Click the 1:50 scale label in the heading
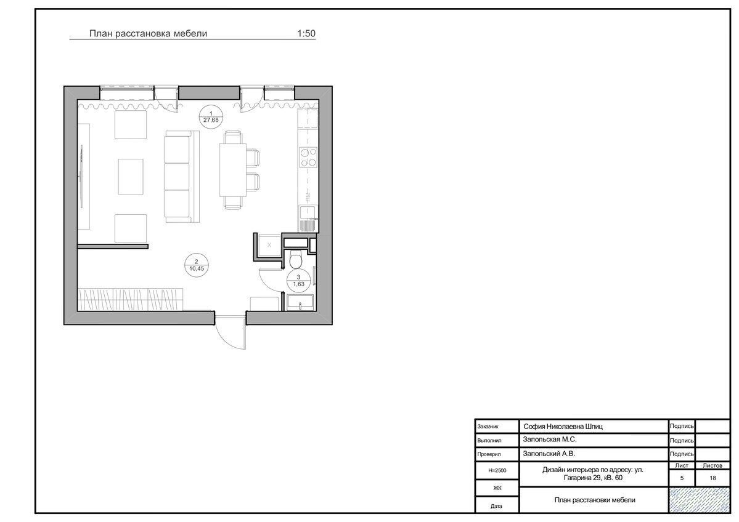coord(306,33)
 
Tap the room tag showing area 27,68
coord(211,117)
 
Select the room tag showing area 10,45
coord(197,265)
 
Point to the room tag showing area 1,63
coord(299,281)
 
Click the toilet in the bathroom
coord(296,259)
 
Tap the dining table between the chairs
coord(232,170)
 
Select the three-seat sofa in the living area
coord(182,177)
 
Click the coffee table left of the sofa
coord(131,177)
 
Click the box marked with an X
coord(269,245)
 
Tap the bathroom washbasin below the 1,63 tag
coord(300,302)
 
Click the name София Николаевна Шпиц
coord(563,427)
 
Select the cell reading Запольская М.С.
coord(550,440)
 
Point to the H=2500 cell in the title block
coord(497,470)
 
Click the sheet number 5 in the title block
coord(682,478)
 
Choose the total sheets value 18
coord(712,478)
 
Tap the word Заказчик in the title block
coord(488,427)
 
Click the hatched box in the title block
coord(699,499)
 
